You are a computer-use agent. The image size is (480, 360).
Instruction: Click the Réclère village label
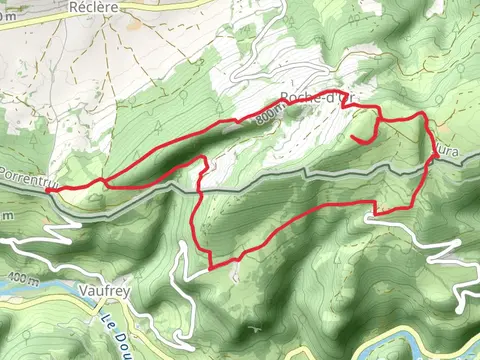[95, 6]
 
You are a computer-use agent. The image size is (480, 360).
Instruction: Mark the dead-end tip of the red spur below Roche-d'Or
[354, 136]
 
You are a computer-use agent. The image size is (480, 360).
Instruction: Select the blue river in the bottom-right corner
[440, 345]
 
